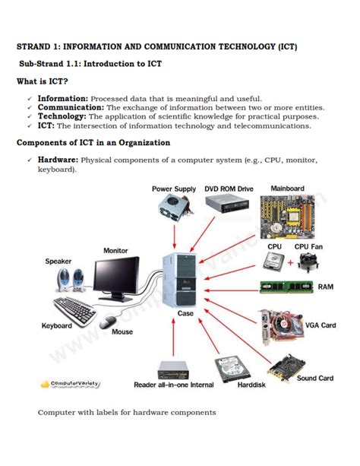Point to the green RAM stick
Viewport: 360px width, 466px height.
click(286, 287)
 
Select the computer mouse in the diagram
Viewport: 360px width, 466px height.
click(109, 319)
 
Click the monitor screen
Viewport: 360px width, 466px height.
click(116, 273)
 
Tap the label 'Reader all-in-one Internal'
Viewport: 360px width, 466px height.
click(174, 385)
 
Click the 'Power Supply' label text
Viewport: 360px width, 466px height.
click(174, 189)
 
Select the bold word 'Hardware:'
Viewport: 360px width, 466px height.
click(58, 160)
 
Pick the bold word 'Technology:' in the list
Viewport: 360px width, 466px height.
click(62, 116)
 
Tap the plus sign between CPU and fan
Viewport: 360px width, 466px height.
click(289, 263)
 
